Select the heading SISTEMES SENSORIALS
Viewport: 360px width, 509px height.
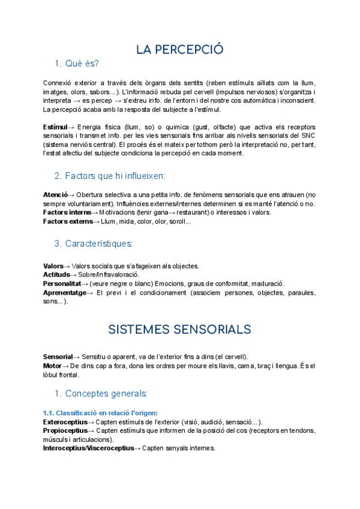pos(179,330)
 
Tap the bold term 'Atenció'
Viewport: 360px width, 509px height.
pos(55,195)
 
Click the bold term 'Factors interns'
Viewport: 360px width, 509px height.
pos(67,212)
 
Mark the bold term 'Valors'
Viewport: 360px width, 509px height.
pos(53,266)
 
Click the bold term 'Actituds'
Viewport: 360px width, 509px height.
pos(56,274)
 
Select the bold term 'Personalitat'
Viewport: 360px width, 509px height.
pos(62,283)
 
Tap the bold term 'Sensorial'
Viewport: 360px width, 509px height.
pos(58,357)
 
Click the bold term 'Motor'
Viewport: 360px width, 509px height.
pos(52,366)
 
